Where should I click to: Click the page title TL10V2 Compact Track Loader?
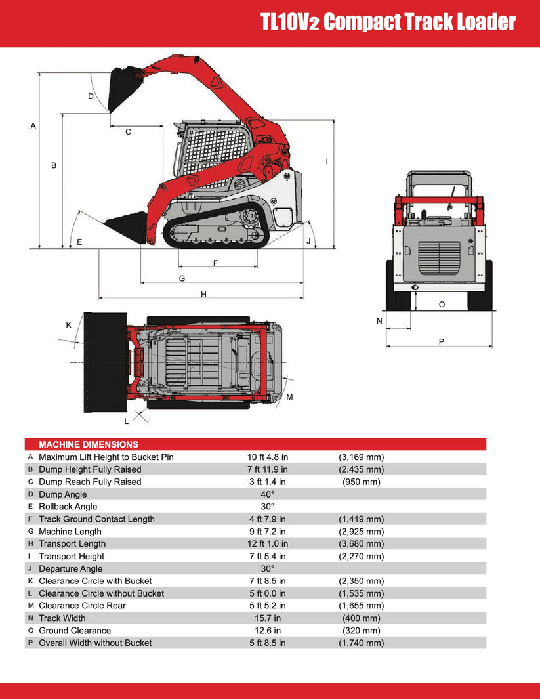click(388, 22)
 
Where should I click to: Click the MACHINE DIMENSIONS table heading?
click(89, 444)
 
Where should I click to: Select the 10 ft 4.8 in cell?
click(267, 457)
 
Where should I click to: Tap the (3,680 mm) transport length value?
click(361, 543)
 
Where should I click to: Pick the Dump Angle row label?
click(62, 494)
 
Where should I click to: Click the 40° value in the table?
click(267, 494)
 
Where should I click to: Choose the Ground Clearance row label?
click(75, 631)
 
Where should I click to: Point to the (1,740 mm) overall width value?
click(361, 643)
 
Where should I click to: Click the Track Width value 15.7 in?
click(267, 618)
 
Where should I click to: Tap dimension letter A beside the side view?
click(33, 125)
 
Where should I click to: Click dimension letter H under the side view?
click(203, 295)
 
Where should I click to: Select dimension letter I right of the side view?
click(327, 161)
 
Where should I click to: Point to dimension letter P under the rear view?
click(441, 341)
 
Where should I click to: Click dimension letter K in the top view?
click(68, 325)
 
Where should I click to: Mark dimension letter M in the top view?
click(289, 397)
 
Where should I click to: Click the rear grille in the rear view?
click(439, 257)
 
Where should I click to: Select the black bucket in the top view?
click(104, 362)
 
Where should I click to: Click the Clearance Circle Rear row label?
click(82, 606)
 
